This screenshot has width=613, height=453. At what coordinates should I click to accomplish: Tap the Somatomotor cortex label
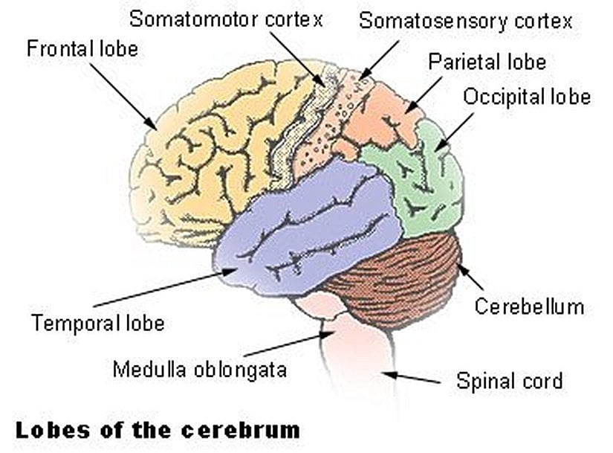click(x=226, y=19)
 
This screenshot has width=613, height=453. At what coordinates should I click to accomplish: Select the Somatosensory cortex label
click(x=466, y=20)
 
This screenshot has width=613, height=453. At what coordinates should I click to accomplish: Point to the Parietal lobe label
click(x=487, y=61)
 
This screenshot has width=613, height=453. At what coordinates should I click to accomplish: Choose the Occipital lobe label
click(x=527, y=97)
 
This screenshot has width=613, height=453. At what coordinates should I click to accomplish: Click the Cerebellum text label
click(x=529, y=306)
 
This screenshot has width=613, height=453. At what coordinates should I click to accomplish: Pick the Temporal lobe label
click(x=97, y=324)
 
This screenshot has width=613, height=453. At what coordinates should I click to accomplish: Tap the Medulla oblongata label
click(x=199, y=368)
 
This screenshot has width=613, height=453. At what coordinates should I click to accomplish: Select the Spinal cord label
click(x=509, y=382)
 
